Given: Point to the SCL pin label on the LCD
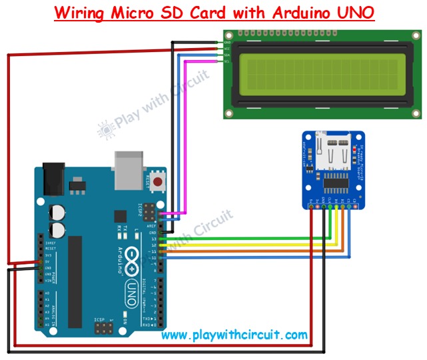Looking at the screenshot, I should [227, 61].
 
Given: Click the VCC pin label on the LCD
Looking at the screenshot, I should [227, 49].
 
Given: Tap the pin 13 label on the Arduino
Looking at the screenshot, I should [154, 239].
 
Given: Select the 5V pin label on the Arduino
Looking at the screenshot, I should [47, 262].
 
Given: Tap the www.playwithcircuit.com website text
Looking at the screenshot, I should [234, 335].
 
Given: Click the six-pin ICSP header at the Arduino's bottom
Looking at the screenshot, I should [103, 327].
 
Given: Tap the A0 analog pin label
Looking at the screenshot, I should [47, 292].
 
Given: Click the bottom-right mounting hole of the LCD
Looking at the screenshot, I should [414, 113].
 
